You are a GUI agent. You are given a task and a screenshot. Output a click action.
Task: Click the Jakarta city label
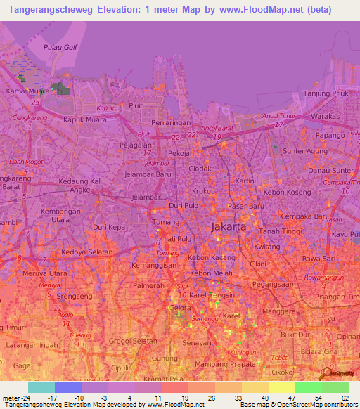(229, 227)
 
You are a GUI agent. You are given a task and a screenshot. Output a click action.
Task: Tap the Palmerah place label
(149, 287)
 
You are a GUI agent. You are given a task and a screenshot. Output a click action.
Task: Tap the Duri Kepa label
(108, 228)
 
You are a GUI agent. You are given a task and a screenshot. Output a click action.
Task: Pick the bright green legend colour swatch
(309, 387)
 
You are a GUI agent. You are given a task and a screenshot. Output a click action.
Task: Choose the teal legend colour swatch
(41, 387)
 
